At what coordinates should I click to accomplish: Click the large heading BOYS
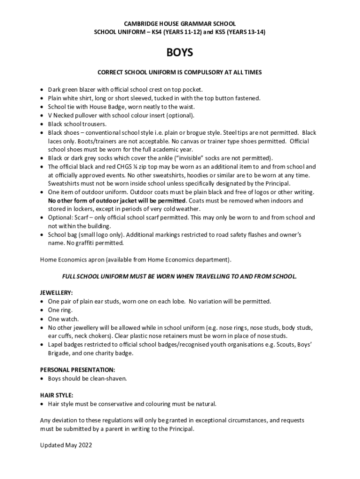(180, 53)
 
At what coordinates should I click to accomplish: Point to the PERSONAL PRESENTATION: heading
(77, 370)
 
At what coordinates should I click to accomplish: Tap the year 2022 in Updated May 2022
(84, 445)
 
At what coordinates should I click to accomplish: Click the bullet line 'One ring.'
(60, 310)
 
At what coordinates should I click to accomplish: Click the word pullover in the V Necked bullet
(89, 115)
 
